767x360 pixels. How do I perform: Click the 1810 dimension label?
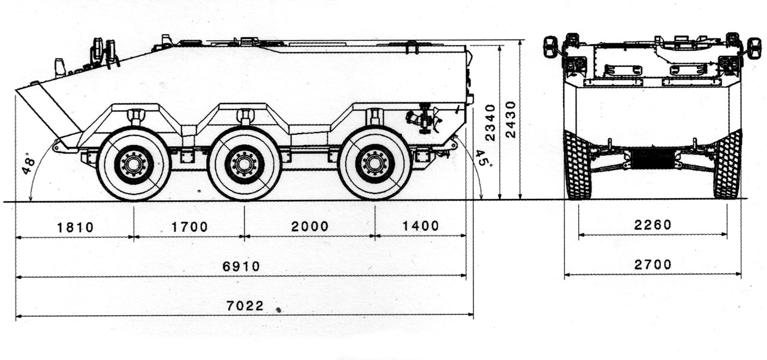click(76, 227)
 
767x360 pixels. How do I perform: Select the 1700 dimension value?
click(189, 227)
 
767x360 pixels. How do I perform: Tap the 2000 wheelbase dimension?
click(310, 226)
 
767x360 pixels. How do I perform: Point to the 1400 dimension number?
click(420, 226)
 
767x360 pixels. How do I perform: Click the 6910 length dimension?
click(241, 266)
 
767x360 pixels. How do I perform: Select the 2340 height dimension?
click(491, 122)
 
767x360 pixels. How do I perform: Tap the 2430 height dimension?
click(510, 119)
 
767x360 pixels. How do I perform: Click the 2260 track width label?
click(653, 225)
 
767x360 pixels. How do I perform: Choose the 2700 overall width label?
click(653, 264)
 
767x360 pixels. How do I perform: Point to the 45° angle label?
click(481, 160)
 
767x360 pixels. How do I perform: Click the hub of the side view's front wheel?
click(134, 164)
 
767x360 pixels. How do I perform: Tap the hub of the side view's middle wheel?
click(244, 164)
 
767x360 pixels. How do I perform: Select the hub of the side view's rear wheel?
click(375, 163)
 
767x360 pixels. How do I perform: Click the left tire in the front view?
click(578, 165)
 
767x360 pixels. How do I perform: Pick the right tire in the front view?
click(727, 165)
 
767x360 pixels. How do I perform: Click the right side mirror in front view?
click(754, 47)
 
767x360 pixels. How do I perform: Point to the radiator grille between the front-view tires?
click(653, 159)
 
